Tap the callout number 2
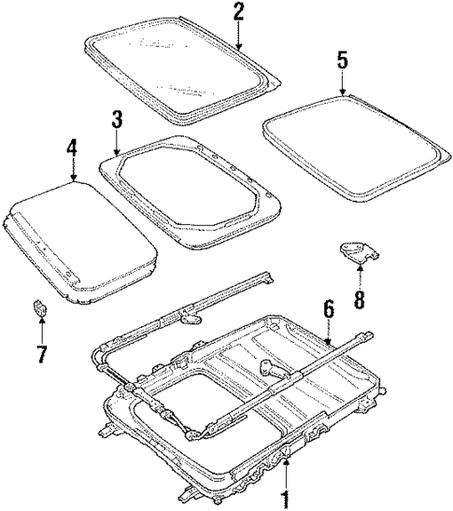pyautogui.click(x=239, y=12)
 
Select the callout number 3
pyautogui.click(x=117, y=120)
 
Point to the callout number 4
pyautogui.click(x=73, y=148)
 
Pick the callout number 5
pyautogui.click(x=343, y=61)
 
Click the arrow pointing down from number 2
pyautogui.click(x=239, y=37)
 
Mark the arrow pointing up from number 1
pyautogui.click(x=287, y=467)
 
